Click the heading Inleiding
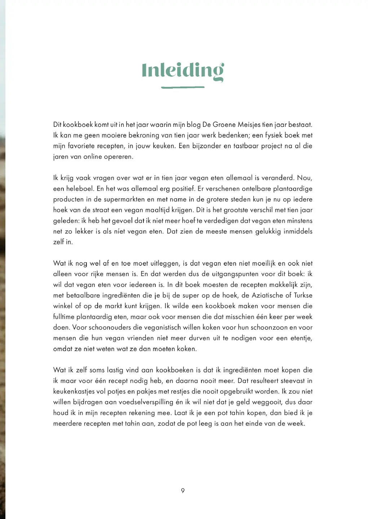click(x=183, y=71)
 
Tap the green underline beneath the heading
click(x=183, y=87)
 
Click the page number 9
click(x=183, y=491)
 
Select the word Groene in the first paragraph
click(x=224, y=125)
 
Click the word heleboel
click(x=80, y=189)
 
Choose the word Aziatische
click(x=267, y=296)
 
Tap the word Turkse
click(x=303, y=296)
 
